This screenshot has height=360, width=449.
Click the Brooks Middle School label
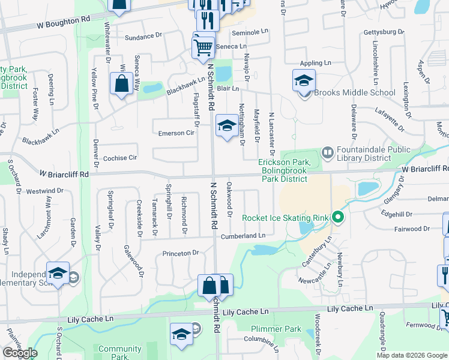355,92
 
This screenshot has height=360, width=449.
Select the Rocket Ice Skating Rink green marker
337,217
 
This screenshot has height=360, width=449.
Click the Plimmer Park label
276,329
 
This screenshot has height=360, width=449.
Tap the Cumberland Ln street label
243,236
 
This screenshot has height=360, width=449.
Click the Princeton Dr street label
180,253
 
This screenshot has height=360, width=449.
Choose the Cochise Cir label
121,157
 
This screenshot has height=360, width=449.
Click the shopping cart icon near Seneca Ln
203,46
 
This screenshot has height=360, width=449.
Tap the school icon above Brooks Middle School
304,80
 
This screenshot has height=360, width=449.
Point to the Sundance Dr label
143,37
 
